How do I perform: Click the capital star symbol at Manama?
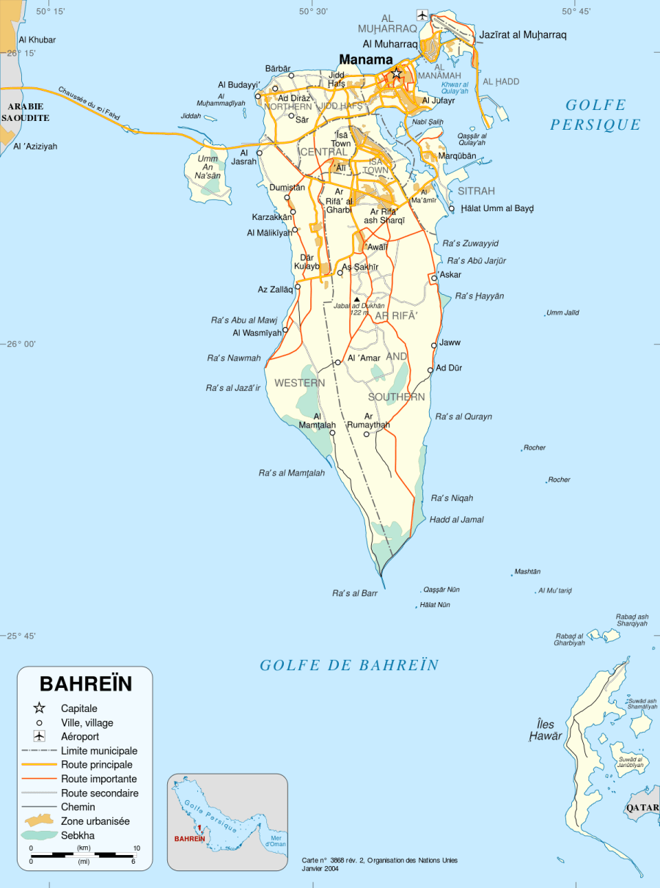pyautogui.click(x=397, y=73)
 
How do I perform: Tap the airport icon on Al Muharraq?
pyautogui.click(x=422, y=15)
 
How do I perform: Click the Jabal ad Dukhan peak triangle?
pyautogui.click(x=357, y=300)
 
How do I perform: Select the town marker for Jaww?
pyautogui.click(x=434, y=345)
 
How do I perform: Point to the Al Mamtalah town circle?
pyautogui.click(x=332, y=433)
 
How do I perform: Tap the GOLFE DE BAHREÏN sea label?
pyautogui.click(x=349, y=665)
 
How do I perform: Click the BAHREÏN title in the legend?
pyautogui.click(x=86, y=683)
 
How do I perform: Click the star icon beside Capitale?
pyautogui.click(x=40, y=708)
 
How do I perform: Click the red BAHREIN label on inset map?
pyautogui.click(x=189, y=838)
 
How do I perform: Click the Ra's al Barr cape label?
pyautogui.click(x=355, y=593)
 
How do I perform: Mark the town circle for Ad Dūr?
pyautogui.click(x=430, y=370)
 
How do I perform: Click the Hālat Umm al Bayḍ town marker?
pyautogui.click(x=452, y=208)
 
